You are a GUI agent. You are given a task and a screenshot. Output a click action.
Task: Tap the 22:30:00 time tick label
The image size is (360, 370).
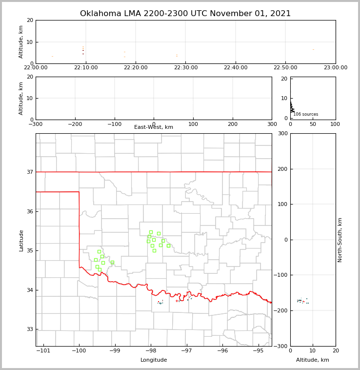185,68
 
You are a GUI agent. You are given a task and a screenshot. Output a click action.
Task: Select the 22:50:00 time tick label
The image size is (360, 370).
285,68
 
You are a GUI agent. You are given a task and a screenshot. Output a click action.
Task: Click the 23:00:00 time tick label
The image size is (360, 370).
335,68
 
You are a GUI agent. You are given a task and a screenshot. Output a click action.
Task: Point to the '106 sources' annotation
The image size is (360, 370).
306,114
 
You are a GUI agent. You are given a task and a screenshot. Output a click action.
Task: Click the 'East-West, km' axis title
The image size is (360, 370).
154,127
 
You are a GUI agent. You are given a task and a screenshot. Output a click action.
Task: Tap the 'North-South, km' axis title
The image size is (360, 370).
340,240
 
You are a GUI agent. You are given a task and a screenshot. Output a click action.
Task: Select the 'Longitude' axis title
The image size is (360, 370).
154,360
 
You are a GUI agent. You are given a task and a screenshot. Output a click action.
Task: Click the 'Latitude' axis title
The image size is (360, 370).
21,240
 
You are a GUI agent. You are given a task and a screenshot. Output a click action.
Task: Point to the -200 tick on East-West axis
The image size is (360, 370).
75,124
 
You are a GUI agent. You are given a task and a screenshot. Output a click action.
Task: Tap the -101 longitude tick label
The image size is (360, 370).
43,350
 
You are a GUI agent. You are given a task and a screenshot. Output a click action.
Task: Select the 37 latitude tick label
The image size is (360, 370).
30,172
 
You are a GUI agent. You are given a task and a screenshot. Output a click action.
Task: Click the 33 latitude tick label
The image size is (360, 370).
30,329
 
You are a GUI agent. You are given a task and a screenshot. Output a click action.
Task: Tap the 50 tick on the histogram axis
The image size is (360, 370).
313,124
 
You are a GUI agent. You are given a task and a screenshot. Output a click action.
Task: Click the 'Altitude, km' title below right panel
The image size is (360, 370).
313,360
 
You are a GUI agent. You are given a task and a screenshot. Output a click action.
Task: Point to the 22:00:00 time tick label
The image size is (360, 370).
36,68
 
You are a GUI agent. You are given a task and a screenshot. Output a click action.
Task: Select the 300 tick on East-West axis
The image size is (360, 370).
272,124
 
